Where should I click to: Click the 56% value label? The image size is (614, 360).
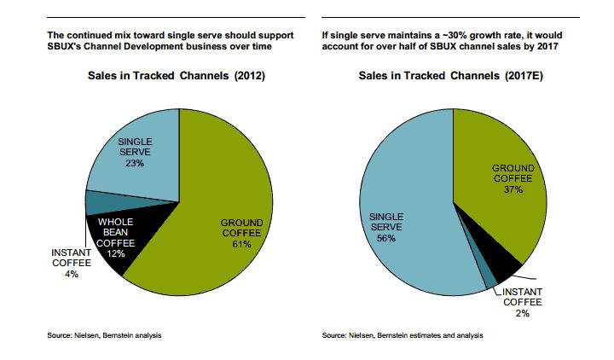click(x=385, y=240)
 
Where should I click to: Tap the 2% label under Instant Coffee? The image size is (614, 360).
click(x=521, y=314)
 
